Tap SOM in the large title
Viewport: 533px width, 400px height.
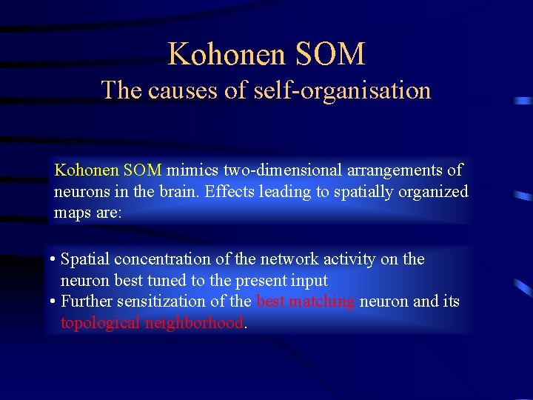330,55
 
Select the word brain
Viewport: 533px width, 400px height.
178,192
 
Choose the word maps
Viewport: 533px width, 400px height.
73,213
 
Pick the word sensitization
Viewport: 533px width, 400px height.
161,301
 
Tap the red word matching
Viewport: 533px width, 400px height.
323,302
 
